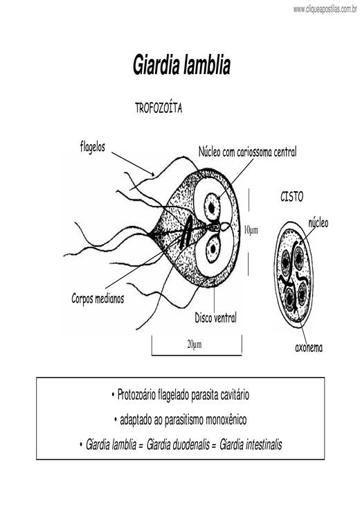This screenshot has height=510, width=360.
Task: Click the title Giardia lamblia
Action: point(181,65)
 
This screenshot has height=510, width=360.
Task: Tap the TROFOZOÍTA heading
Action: point(159,108)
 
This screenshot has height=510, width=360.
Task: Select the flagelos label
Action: point(93,147)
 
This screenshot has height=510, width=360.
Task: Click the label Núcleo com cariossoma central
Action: point(248,152)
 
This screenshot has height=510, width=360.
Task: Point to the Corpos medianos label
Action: point(98,298)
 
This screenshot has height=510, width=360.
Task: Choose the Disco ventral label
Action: point(215,317)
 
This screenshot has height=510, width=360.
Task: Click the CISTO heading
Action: point(291,197)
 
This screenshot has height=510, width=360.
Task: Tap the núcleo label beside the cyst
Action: point(318,223)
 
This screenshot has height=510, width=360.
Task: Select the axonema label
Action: point(309,348)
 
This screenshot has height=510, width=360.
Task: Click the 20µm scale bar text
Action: point(195,344)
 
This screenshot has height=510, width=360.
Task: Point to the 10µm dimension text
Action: point(251,230)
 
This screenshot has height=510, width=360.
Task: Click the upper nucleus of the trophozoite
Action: point(212,207)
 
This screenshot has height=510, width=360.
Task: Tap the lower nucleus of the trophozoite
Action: point(213,249)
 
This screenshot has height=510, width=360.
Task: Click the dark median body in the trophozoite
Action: point(186,233)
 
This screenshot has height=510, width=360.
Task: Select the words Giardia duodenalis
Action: point(178,444)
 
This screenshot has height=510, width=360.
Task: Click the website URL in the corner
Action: point(325,9)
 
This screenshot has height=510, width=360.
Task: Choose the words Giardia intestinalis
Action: point(251,444)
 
